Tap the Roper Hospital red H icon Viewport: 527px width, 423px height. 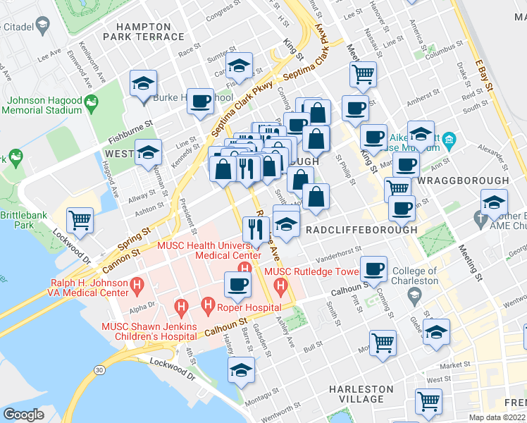click(208, 305)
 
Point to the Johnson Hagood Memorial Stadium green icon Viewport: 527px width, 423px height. click(91, 106)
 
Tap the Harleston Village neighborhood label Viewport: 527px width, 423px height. click(362, 394)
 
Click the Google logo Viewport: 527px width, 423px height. click(23, 415)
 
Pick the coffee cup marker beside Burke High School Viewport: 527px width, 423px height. click(200, 101)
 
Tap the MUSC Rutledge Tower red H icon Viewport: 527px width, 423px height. click(280, 285)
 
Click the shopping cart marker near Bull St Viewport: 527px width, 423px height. click(383, 343)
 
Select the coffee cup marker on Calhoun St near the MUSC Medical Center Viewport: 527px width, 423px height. click(237, 284)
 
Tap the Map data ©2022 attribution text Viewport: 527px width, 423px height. click(497, 417)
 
